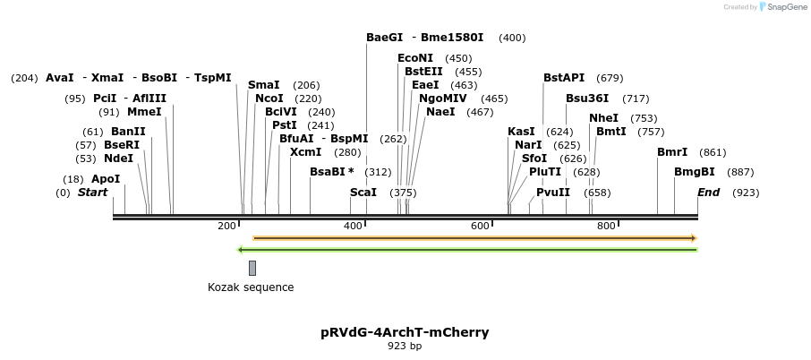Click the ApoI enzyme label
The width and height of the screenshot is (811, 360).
[x=106, y=179]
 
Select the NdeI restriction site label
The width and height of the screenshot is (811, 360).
[x=118, y=159]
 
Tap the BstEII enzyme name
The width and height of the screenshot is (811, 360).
[x=423, y=72]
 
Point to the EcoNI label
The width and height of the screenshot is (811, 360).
[x=415, y=58]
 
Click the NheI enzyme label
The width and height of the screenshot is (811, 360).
[x=603, y=118]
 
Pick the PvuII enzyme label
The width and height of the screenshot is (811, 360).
[x=553, y=193]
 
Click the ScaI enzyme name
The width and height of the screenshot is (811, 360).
[x=363, y=193]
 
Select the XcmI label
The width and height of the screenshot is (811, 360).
[x=305, y=152]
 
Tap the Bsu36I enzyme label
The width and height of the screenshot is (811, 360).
[x=587, y=99]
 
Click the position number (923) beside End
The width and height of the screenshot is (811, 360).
[x=746, y=193]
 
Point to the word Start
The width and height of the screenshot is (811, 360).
[x=92, y=193]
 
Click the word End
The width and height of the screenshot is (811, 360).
[x=708, y=193]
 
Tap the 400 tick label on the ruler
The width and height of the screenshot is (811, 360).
[x=354, y=226]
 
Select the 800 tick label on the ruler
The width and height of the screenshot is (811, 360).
[x=606, y=226]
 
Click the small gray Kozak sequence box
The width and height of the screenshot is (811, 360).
[x=252, y=268]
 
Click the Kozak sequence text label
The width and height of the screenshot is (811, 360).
[x=251, y=287]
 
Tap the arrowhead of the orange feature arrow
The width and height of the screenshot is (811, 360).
[x=693, y=238]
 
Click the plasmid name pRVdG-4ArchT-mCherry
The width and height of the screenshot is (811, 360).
[x=405, y=332]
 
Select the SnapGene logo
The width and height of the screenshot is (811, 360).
[x=781, y=7]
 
